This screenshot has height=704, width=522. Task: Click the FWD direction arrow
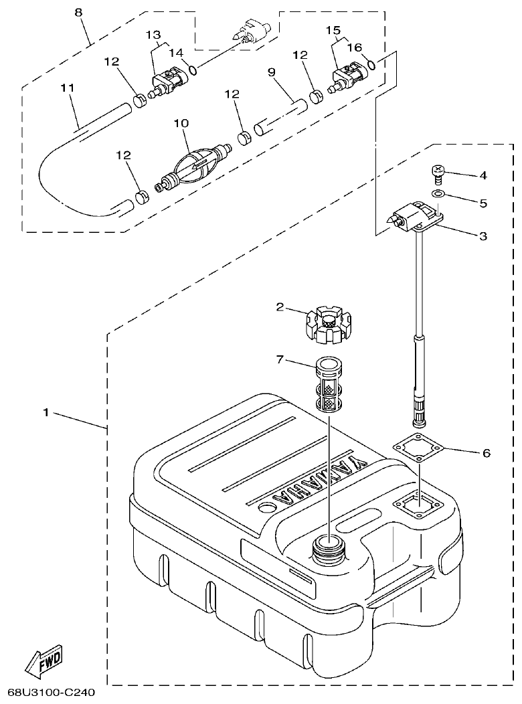pyautogui.click(x=44, y=662)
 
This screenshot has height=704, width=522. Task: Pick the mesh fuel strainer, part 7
pyautogui.click(x=326, y=387)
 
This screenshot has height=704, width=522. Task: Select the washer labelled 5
pyautogui.click(x=438, y=194)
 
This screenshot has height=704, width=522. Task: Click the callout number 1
pyautogui.click(x=46, y=413)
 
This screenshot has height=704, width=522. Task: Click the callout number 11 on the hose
pyautogui.click(x=68, y=88)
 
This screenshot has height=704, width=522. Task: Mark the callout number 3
pyautogui.click(x=483, y=236)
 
